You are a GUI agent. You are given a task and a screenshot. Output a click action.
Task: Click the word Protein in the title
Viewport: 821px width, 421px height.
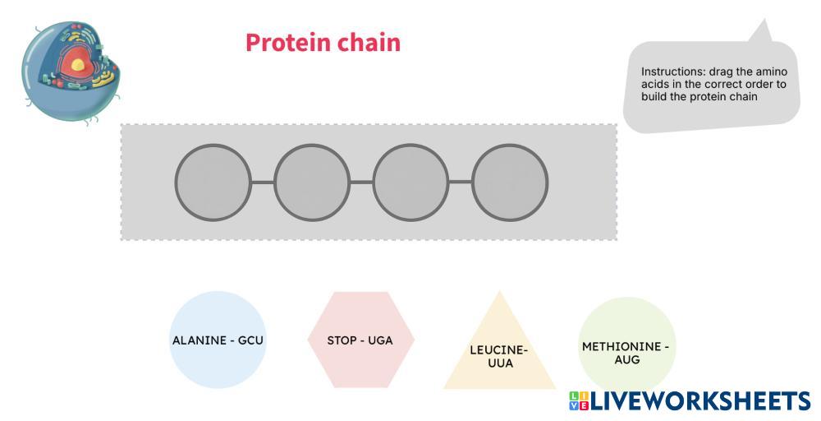pyautogui.click(x=282, y=43)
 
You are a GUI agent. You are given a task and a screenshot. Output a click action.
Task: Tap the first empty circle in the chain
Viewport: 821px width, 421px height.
pyautogui.click(x=213, y=183)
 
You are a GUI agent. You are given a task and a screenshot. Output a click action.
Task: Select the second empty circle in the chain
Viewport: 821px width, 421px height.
pyautogui.click(x=312, y=183)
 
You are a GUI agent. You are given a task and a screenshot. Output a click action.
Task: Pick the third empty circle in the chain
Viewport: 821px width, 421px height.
pyautogui.click(x=410, y=183)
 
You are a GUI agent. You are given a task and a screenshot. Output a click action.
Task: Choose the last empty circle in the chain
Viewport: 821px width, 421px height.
pyautogui.click(x=510, y=183)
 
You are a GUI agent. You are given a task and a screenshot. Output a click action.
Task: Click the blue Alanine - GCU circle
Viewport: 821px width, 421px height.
pyautogui.click(x=218, y=340)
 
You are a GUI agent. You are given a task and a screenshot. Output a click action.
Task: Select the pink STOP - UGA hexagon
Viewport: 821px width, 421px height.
pyautogui.click(x=360, y=340)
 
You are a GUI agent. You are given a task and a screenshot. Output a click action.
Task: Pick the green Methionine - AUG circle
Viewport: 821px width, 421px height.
pyautogui.click(x=626, y=345)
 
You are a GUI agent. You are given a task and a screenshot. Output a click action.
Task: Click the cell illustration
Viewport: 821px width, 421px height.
pyautogui.click(x=71, y=70)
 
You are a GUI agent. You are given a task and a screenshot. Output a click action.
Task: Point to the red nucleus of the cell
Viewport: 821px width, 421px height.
pyautogui.click(x=78, y=62)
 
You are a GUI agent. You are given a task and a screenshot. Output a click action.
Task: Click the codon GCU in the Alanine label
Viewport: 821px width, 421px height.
pyautogui.click(x=250, y=340)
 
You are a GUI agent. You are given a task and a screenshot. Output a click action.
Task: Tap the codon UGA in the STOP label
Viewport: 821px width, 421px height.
pyautogui.click(x=380, y=340)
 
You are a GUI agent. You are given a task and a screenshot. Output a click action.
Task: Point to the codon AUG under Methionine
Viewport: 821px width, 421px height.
pyautogui.click(x=626, y=359)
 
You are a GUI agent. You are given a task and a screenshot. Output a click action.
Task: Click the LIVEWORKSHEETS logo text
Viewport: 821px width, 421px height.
pyautogui.click(x=700, y=400)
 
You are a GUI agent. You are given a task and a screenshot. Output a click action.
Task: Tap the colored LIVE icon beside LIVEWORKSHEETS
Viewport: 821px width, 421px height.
pyautogui.click(x=578, y=400)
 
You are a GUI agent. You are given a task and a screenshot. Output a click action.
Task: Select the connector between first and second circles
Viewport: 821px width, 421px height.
pyautogui.click(x=263, y=183)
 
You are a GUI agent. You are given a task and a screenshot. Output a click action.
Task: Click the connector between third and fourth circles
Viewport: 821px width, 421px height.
pyautogui.click(x=461, y=183)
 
